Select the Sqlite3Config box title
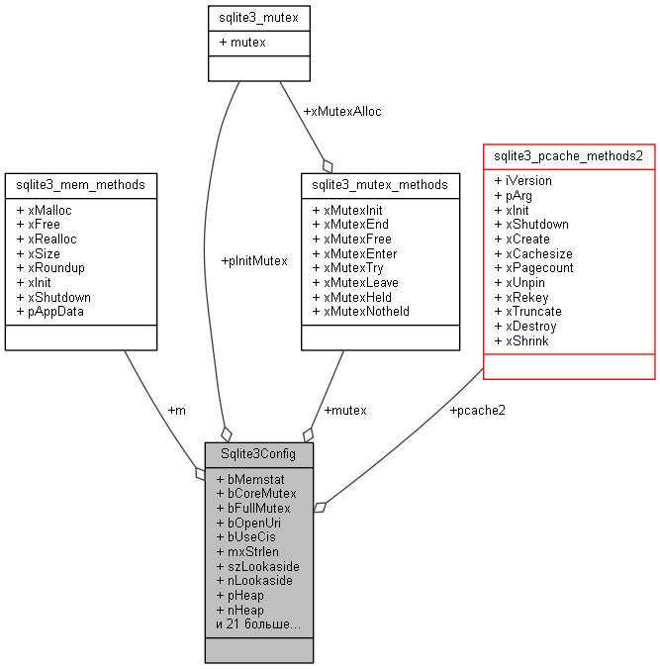point(258,454)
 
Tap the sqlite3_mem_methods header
point(81,184)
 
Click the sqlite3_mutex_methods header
point(380,184)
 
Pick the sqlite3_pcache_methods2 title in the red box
point(568,155)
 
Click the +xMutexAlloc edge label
point(342,111)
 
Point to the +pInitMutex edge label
point(254,261)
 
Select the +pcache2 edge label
point(477,410)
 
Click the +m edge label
point(176,410)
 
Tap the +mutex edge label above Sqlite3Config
point(345,410)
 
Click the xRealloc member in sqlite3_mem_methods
point(46,239)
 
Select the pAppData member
point(50,311)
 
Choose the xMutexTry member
point(346,267)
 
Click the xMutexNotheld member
point(360,311)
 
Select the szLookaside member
point(257,566)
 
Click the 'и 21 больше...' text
point(257,624)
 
